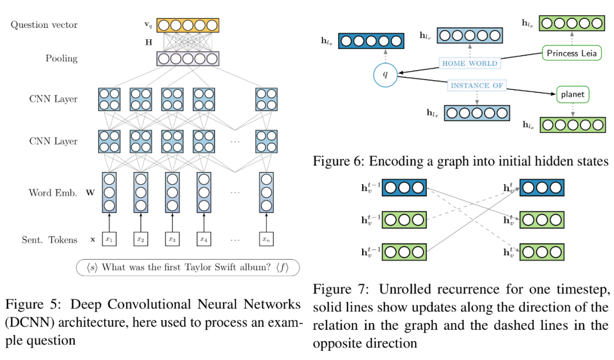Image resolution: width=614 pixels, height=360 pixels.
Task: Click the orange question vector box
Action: point(188,26)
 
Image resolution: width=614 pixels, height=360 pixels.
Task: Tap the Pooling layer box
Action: point(188,59)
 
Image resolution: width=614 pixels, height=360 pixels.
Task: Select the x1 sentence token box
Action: point(109,239)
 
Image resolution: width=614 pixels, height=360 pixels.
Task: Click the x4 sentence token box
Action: point(204,239)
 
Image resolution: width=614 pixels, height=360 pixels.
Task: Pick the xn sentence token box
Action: point(266,239)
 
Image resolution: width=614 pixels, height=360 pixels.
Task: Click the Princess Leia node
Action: point(572,53)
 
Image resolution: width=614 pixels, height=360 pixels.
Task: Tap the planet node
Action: point(572,94)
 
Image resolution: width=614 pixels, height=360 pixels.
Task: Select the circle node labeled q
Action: point(385,75)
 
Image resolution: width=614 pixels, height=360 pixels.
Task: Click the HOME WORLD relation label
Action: point(470,63)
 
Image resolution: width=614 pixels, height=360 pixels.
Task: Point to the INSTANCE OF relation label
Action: point(476,85)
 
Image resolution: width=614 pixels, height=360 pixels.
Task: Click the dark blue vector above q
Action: point(371,41)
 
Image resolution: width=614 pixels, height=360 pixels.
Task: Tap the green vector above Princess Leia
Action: point(572,23)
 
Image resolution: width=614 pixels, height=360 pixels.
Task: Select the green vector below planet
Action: point(573,125)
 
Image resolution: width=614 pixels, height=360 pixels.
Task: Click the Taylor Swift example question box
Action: point(188,267)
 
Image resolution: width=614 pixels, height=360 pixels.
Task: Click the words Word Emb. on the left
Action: point(53,193)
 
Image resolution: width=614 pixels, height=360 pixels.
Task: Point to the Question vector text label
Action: point(44,24)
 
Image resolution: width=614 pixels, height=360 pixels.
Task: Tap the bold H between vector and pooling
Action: point(149,42)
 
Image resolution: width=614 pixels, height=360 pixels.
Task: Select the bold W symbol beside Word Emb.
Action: point(90,193)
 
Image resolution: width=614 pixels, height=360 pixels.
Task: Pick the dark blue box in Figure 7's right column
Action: point(542,188)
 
